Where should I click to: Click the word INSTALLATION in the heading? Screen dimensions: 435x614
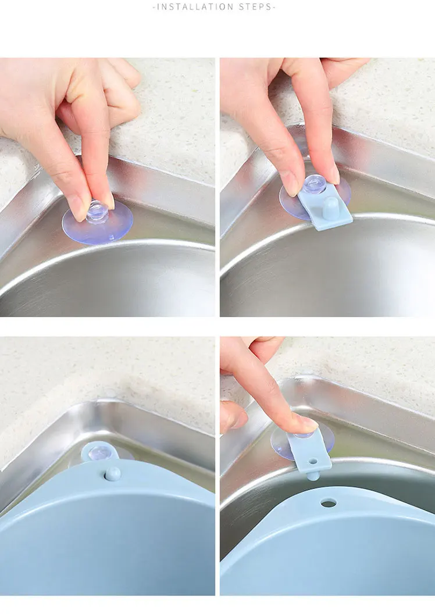[195, 7]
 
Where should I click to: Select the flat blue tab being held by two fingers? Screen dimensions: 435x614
[325, 206]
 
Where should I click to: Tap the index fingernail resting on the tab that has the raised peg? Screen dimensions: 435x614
[336, 174]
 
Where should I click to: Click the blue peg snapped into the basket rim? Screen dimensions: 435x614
[113, 474]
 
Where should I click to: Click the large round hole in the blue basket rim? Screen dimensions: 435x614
[329, 503]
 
